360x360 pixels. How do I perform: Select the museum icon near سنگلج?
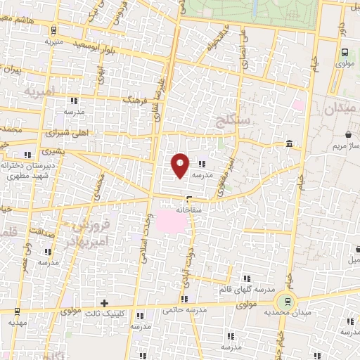290,144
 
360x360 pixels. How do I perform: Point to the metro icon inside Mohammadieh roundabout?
285,300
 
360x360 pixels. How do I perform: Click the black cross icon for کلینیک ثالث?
105,304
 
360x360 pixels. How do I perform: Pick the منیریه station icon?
55,30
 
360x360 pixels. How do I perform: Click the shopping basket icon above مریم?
349,134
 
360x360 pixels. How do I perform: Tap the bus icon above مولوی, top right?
345,52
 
